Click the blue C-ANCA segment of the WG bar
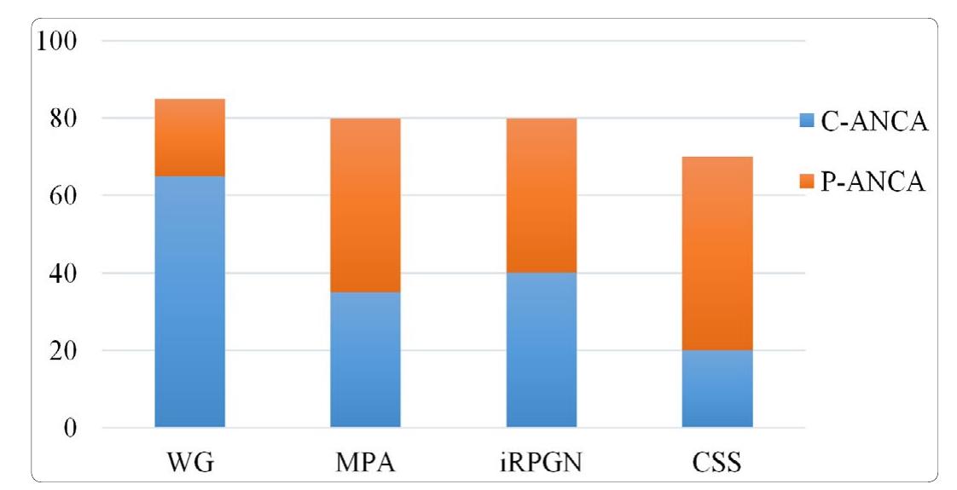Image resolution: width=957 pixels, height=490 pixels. [189, 301]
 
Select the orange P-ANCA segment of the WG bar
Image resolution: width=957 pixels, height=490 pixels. [189, 137]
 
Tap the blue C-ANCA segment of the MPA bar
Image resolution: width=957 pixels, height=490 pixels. [365, 359]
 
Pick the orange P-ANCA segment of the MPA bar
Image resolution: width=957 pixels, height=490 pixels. [365, 205]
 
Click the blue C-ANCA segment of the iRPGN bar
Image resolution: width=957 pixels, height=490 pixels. [541, 349]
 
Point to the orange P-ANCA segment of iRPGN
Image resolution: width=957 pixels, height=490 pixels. [541, 195]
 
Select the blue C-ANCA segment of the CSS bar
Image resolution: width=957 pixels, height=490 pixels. [717, 388]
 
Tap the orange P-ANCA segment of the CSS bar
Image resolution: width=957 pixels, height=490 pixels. [717, 253]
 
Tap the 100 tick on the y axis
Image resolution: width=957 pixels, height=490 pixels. [56, 41]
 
